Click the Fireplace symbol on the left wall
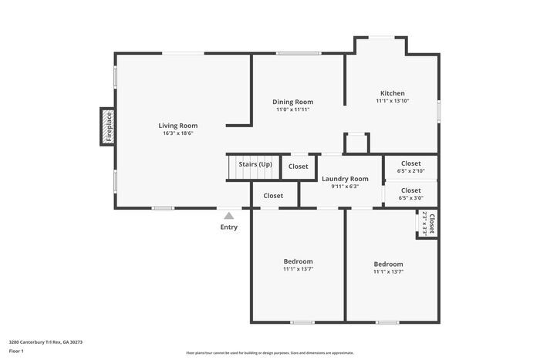point(108,126)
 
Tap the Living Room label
point(178,126)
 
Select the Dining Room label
point(293,102)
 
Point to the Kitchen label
point(392,93)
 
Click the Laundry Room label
point(345,179)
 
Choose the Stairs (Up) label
point(255,164)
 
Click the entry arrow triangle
point(229,216)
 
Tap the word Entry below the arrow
point(229,227)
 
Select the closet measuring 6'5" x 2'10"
point(410,167)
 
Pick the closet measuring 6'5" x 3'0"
point(410,193)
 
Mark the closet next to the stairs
point(298,167)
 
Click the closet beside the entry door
point(273,196)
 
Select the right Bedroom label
point(388,264)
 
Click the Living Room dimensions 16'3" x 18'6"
point(178,133)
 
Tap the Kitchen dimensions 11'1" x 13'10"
point(392,101)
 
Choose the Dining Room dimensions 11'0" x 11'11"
point(293,109)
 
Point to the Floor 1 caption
point(17,352)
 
